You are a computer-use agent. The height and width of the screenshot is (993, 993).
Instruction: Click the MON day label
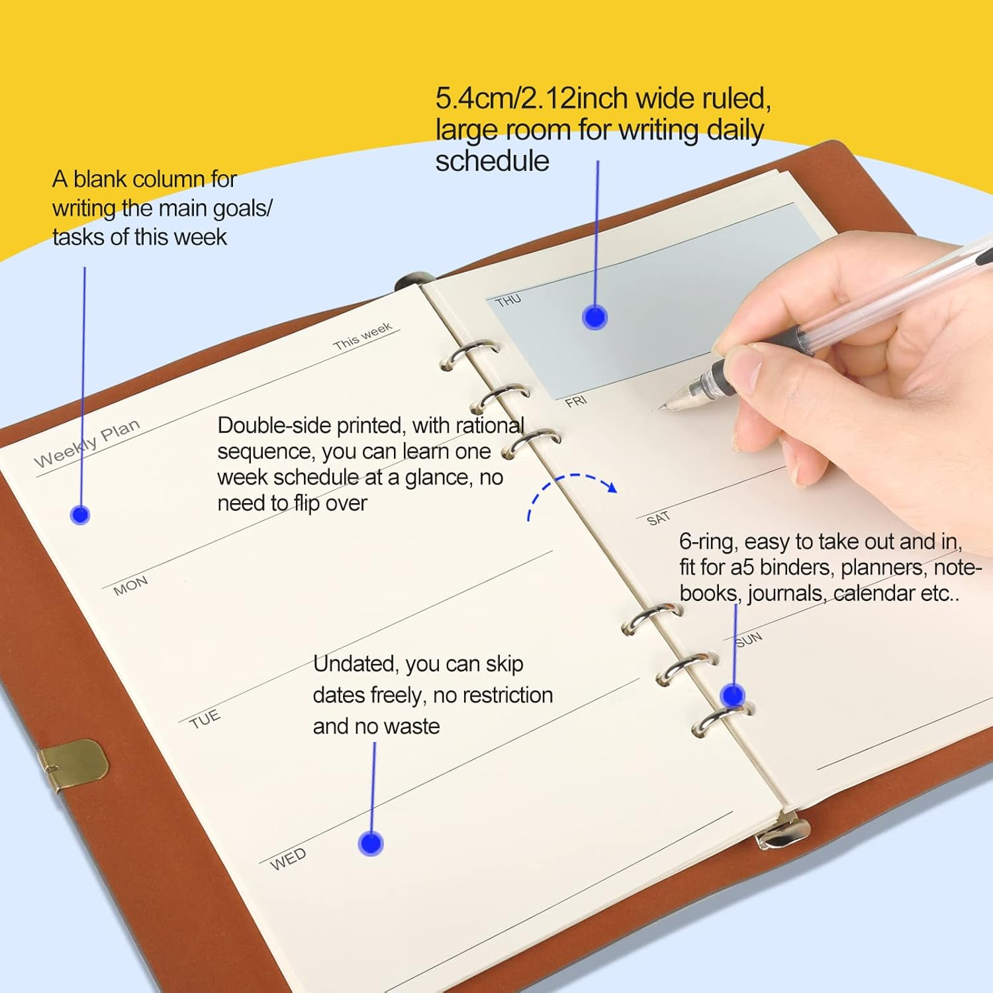(x=130, y=585)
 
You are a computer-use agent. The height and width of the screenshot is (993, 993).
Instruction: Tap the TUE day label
(x=205, y=719)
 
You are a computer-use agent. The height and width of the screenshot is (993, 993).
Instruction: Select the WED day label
(x=288, y=859)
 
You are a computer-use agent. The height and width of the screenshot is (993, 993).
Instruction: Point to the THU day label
(x=508, y=301)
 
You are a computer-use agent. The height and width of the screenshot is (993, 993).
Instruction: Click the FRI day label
(x=576, y=401)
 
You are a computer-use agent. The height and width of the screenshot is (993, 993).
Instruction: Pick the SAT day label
(x=658, y=518)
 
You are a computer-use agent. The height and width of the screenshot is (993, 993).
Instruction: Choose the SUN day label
(x=749, y=639)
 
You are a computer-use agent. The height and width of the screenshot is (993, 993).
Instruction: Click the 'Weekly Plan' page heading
(x=87, y=443)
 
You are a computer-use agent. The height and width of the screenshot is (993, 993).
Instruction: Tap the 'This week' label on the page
(x=363, y=336)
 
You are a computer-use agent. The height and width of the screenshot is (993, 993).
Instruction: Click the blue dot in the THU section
(x=594, y=318)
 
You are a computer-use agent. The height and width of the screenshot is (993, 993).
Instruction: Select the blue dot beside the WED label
(x=371, y=843)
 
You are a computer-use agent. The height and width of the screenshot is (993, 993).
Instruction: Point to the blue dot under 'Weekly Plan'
(x=80, y=514)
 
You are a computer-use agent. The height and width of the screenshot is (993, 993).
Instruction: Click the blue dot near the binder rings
(x=732, y=695)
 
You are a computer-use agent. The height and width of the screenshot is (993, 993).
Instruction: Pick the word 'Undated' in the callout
(x=355, y=663)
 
